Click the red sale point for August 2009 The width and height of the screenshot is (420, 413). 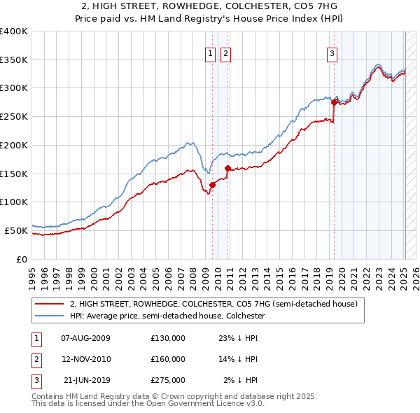pyautogui.click(x=212, y=185)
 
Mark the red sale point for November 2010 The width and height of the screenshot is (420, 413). pyautogui.click(x=227, y=168)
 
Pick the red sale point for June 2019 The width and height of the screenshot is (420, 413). pyautogui.click(x=335, y=103)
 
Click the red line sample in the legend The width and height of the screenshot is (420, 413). pyautogui.click(x=49, y=304)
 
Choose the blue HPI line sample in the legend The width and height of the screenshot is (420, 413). pyautogui.click(x=49, y=316)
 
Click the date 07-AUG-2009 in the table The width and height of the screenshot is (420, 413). pyautogui.click(x=85, y=338)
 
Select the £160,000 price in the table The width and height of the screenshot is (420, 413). pyautogui.click(x=168, y=360)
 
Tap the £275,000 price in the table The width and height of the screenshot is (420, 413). pyautogui.click(x=168, y=381)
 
